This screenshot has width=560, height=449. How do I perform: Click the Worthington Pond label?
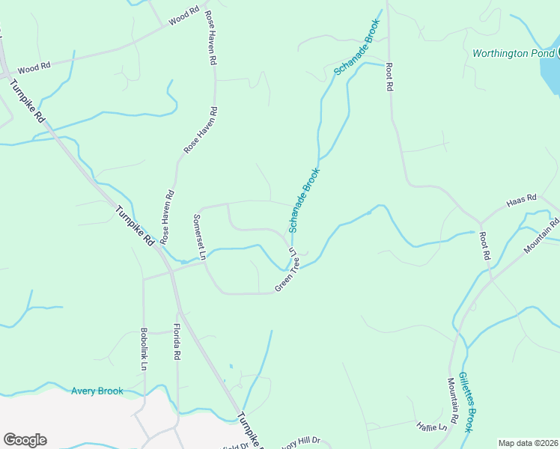tap(513, 54)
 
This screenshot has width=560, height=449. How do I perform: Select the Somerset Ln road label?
tap(200, 237)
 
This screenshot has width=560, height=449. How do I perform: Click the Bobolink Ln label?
tap(143, 349)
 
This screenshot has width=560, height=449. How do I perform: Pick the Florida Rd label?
tap(177, 342)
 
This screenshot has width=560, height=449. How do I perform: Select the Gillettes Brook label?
tap(466, 402)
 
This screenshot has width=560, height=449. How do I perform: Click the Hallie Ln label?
tap(432, 426)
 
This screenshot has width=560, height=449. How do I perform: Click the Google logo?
tap(25, 440)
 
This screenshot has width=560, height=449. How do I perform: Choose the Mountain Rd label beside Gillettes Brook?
tap(453, 402)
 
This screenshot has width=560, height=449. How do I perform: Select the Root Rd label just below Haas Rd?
tap(484, 245)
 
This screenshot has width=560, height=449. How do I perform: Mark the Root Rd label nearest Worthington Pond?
tap(389, 77)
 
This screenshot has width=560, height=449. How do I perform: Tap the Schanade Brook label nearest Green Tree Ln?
tap(304, 200)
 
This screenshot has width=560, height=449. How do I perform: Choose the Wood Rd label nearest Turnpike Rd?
tap(34, 67)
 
